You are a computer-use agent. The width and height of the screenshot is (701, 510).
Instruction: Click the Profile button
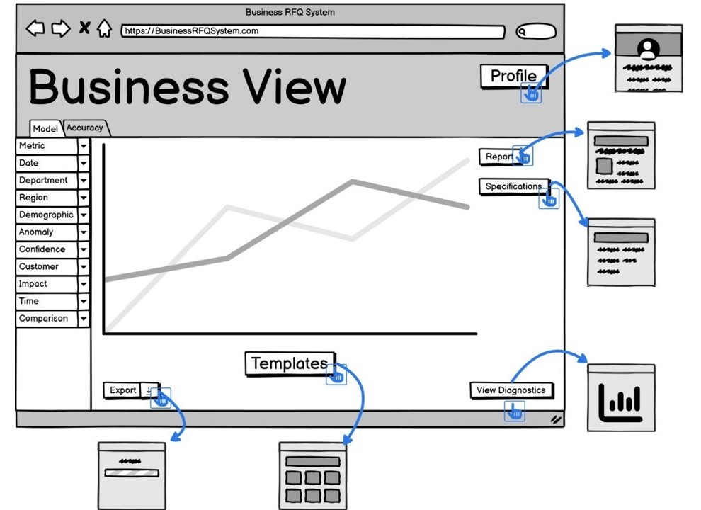click(513, 76)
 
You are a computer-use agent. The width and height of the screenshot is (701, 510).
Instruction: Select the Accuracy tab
click(85, 128)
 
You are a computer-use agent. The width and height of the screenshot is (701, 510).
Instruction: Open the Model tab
click(45, 129)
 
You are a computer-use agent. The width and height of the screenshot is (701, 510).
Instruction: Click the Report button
click(498, 157)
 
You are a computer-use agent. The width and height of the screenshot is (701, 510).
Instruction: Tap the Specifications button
click(513, 186)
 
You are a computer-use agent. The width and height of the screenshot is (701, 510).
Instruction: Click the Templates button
click(289, 363)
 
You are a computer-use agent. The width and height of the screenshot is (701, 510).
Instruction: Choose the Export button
click(122, 390)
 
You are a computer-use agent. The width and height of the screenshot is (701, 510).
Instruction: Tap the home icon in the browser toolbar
click(104, 28)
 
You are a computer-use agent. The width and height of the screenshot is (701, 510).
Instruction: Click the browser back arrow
click(35, 28)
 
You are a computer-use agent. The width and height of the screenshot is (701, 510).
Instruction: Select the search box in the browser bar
click(536, 31)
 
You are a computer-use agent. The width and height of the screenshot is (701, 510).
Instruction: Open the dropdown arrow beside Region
click(84, 198)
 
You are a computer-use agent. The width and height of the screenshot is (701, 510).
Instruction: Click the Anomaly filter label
click(46, 232)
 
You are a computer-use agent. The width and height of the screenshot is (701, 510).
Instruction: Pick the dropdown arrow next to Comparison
click(84, 319)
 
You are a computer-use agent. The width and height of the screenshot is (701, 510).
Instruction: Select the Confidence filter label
click(46, 249)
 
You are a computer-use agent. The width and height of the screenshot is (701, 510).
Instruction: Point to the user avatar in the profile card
click(648, 49)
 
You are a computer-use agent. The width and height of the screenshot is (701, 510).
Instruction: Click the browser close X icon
click(84, 28)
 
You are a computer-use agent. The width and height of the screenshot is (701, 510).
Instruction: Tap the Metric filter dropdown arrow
click(84, 146)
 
